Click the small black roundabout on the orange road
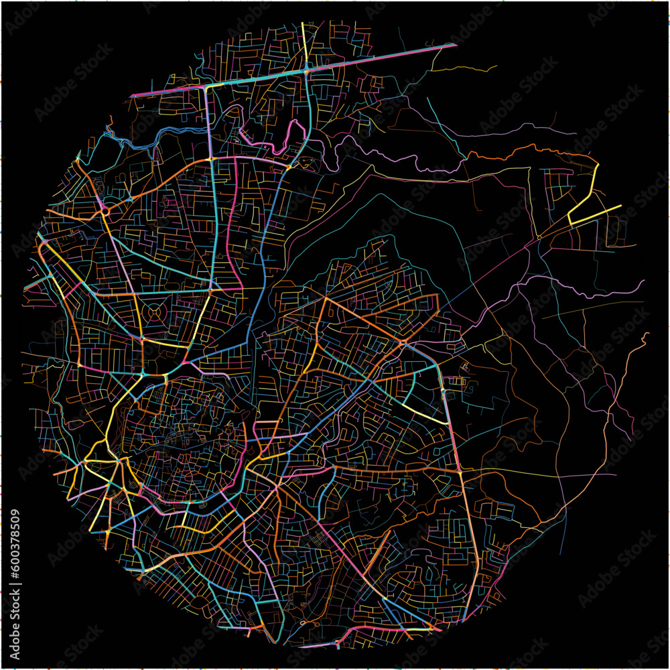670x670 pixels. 106,210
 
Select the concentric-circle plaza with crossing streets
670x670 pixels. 155,312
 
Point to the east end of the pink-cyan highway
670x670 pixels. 455,46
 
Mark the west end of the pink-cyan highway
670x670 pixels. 132,96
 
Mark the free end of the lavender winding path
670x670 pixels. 643,281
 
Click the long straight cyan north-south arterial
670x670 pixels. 213,221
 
